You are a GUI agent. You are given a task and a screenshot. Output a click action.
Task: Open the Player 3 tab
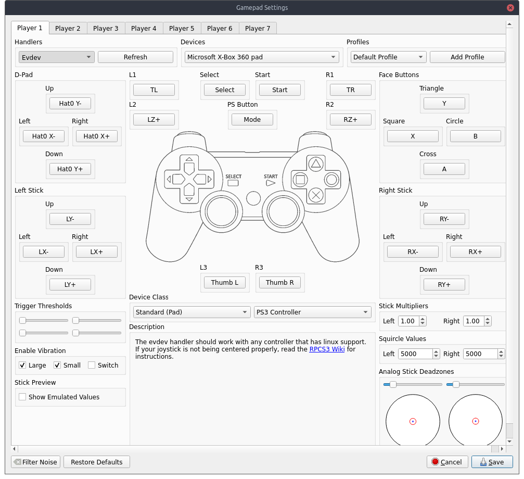coord(106,28)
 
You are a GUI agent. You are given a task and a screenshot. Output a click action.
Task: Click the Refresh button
coord(135,57)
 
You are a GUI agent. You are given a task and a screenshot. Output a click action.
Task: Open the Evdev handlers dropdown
coord(56,57)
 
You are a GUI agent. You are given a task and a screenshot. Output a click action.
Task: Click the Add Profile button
coord(467,57)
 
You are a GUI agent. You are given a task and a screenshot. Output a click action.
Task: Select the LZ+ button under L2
coord(154,120)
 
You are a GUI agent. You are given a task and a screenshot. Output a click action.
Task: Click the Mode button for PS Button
coord(252,120)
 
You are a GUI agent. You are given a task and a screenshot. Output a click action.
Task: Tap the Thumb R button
coord(280,283)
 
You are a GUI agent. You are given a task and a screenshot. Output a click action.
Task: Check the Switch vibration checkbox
coord(92,365)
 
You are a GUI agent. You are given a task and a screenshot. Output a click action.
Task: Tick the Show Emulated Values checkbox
coord(22,397)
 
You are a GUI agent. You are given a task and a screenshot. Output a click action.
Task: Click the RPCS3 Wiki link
coord(327,349)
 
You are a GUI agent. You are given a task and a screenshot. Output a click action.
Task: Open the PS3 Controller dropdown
coord(312,312)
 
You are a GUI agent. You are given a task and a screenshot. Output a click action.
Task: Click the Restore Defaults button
coord(97,462)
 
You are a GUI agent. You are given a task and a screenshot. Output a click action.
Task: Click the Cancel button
coord(446,462)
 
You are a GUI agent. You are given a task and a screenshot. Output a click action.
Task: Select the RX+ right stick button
coord(475,252)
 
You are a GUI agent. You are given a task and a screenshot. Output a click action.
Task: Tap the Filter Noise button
coord(35,462)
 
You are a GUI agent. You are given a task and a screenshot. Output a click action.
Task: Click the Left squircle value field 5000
coord(415,354)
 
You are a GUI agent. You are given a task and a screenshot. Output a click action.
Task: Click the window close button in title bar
coord(512,8)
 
